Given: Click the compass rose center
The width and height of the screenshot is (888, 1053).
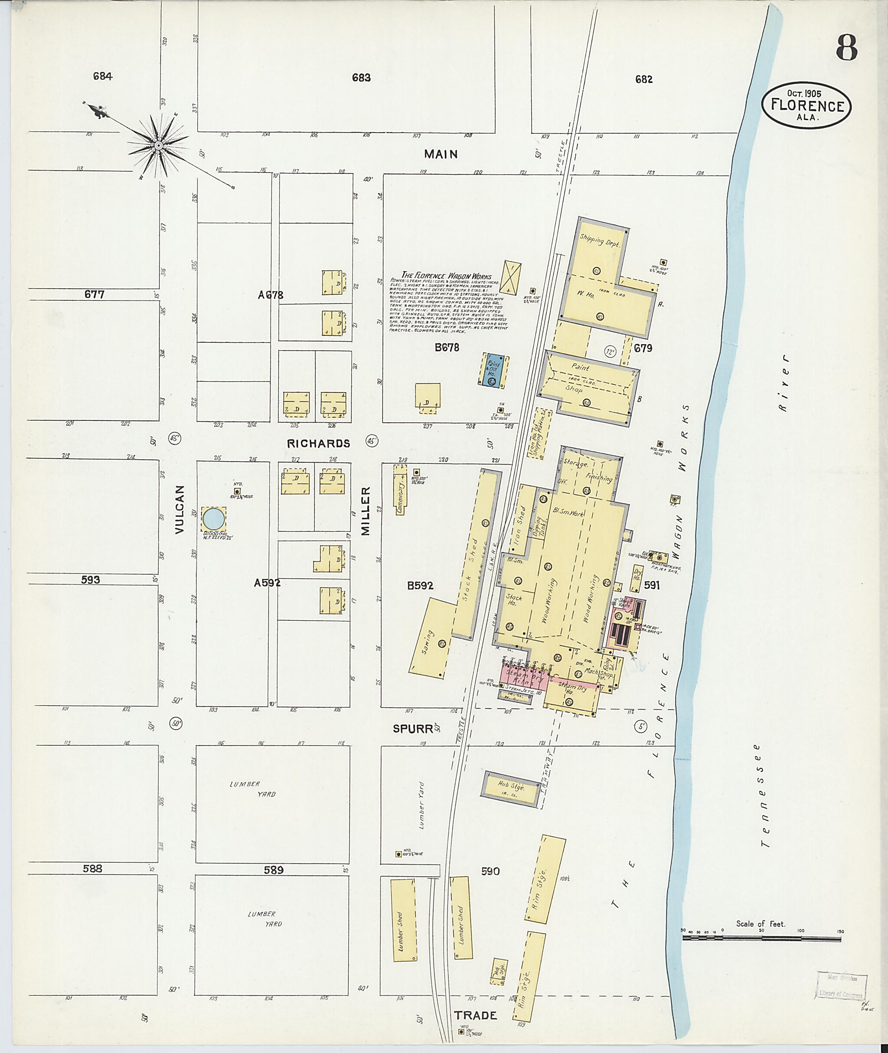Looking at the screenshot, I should pyautogui.click(x=158, y=146).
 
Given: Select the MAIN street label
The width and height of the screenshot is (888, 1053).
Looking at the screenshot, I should pyautogui.click(x=441, y=154).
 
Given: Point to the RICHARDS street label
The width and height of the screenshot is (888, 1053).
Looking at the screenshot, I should pyautogui.click(x=318, y=443).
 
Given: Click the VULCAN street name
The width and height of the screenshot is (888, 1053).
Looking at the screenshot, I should pyautogui.click(x=181, y=509).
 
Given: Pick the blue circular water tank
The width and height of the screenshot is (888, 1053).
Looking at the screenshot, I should pyautogui.click(x=213, y=518).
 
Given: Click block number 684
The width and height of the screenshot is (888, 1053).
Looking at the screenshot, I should pyautogui.click(x=102, y=76).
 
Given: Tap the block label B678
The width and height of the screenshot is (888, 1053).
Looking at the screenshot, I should pyautogui.click(x=447, y=347).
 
